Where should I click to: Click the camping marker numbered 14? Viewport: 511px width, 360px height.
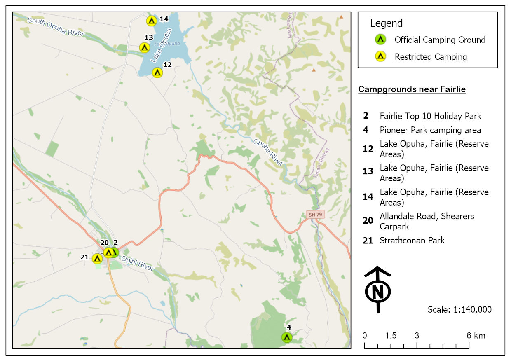pyautogui.click(x=152, y=20)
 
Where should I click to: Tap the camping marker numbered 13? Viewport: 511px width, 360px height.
pyautogui.click(x=144, y=47)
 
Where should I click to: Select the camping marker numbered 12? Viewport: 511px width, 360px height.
pyautogui.click(x=157, y=72)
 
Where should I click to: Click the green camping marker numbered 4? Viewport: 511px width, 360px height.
pyautogui.click(x=287, y=337)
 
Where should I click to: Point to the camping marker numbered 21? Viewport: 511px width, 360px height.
pyautogui.click(x=97, y=258)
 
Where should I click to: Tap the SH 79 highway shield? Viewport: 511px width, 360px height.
pyautogui.click(x=316, y=215)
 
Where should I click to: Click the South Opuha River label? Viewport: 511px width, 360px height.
pyautogui.click(x=56, y=27)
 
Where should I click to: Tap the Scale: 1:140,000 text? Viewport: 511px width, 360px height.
pyautogui.click(x=459, y=309)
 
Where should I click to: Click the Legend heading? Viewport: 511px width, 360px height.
pyautogui.click(x=386, y=23)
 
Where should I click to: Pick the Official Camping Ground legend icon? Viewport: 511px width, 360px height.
pyautogui.click(x=380, y=40)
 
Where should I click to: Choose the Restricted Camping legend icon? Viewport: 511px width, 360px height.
pyautogui.click(x=380, y=56)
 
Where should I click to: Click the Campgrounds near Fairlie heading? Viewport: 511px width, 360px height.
pyautogui.click(x=412, y=89)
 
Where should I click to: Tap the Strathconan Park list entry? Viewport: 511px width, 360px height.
pyautogui.click(x=412, y=240)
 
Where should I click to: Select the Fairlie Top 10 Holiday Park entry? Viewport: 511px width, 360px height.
pyautogui.click(x=430, y=116)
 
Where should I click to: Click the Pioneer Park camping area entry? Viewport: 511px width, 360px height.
pyautogui.click(x=430, y=130)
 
